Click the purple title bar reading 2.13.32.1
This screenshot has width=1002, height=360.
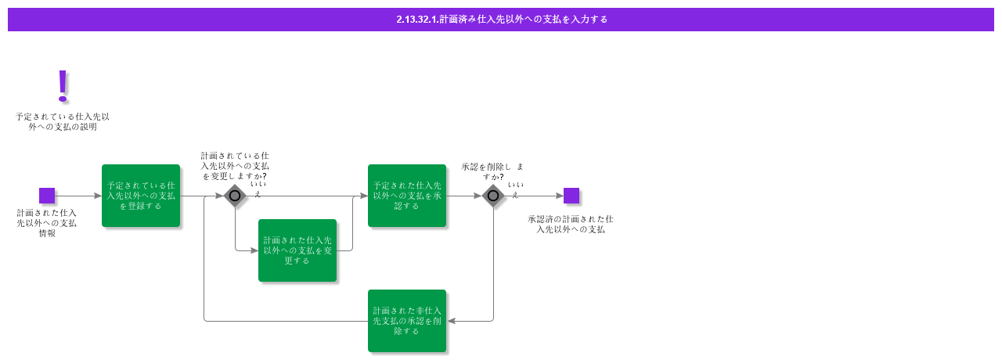click(x=501, y=20)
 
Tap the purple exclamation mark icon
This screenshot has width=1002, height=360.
click(x=63, y=86)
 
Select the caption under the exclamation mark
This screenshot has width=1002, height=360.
click(x=63, y=121)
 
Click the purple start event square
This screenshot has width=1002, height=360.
click(x=47, y=196)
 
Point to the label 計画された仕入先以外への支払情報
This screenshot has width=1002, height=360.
click(x=47, y=223)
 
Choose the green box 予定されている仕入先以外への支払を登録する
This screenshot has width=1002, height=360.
click(x=141, y=196)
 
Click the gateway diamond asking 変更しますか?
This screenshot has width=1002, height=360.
click(x=235, y=196)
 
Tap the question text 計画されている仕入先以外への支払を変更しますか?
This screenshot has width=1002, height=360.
click(x=235, y=166)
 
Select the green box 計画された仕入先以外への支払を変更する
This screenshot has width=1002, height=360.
click(x=297, y=250)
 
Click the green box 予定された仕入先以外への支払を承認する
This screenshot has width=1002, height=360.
click(x=407, y=196)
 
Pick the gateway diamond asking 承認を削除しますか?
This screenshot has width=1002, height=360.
click(x=493, y=196)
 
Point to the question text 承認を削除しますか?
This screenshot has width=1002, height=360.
click(x=493, y=171)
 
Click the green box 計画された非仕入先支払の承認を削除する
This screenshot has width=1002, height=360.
click(x=407, y=321)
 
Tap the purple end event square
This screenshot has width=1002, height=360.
click(x=571, y=196)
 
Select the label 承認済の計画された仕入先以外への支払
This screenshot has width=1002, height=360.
click(x=571, y=224)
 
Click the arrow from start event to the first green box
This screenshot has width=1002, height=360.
click(x=78, y=196)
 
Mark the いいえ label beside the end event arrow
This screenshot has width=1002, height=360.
click(x=515, y=189)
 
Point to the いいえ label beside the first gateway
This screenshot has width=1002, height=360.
click(x=258, y=189)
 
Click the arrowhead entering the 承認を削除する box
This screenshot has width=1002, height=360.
click(x=451, y=321)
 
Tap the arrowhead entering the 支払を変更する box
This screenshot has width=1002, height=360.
click(x=254, y=250)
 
